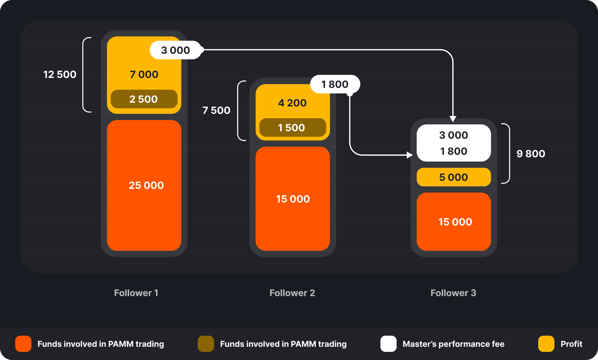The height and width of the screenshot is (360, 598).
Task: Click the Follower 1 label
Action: [x=136, y=293]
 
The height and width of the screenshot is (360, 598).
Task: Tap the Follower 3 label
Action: [x=453, y=293]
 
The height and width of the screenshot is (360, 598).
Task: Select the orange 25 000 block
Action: [x=144, y=185]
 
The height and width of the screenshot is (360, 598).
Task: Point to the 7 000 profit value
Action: [x=144, y=74]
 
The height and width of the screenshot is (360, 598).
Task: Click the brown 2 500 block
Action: [x=144, y=99]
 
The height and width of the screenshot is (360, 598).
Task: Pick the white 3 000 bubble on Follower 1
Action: [x=175, y=50]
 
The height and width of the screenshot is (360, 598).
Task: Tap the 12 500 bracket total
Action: [x=60, y=74]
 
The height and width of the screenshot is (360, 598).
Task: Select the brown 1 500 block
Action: [x=292, y=127]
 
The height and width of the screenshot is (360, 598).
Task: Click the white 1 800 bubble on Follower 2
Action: [x=335, y=84]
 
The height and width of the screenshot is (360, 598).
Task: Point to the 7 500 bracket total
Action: [x=216, y=110]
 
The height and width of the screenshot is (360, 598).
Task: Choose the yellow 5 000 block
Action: [x=453, y=177]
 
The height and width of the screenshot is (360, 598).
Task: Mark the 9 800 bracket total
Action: [x=530, y=154]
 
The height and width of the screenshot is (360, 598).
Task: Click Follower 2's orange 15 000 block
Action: [x=293, y=199]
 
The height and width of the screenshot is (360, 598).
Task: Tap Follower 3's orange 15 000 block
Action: [x=453, y=222]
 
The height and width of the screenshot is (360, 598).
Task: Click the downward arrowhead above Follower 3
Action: [x=453, y=119]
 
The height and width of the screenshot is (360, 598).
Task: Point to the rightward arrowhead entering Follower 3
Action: [x=410, y=155]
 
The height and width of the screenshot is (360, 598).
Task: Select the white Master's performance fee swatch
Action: [x=388, y=344]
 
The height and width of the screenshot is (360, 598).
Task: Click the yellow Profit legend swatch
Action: [x=546, y=344]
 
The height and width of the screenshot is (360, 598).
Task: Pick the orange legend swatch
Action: [x=23, y=344]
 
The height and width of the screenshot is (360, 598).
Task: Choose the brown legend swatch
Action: [x=206, y=344]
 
